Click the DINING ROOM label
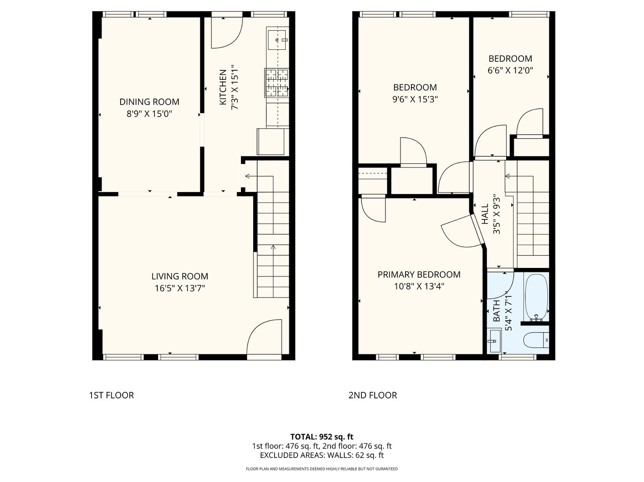click(x=149, y=102)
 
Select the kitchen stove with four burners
click(x=276, y=83)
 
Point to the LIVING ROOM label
click(x=180, y=276)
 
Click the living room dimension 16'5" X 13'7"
click(x=180, y=288)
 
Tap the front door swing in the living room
click(x=264, y=336)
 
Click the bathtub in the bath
click(x=536, y=297)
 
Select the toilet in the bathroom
click(x=536, y=340)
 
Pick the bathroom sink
click(x=494, y=340)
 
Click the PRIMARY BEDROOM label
click(x=419, y=274)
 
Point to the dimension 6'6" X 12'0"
click(x=510, y=70)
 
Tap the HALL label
click(x=486, y=214)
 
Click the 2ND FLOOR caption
click(x=373, y=395)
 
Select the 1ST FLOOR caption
click(x=111, y=395)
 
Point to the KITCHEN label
click(x=223, y=87)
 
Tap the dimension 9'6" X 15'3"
click(x=415, y=100)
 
